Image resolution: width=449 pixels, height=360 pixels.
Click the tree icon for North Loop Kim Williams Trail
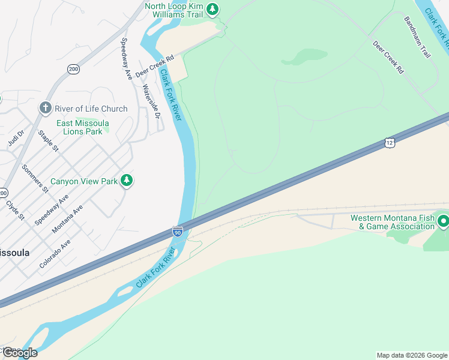(x=212, y=9)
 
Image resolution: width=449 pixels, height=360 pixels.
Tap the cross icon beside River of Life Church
(x=45, y=108)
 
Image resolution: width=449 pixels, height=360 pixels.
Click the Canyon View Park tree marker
(x=126, y=180)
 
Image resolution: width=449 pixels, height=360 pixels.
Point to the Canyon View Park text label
(x=83, y=181)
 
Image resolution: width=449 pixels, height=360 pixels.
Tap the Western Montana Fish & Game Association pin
(x=444, y=221)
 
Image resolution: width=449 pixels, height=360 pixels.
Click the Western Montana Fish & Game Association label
(x=393, y=222)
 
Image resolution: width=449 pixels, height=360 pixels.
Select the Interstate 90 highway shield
(x=178, y=232)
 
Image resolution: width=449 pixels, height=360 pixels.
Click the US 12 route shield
(x=390, y=143)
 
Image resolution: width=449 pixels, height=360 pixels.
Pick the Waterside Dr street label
(x=151, y=100)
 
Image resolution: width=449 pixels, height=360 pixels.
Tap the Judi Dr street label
(x=16, y=139)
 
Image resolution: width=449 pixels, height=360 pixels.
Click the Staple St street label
(x=48, y=140)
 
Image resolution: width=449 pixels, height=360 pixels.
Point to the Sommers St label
(x=35, y=178)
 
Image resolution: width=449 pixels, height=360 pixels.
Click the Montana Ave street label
(x=67, y=220)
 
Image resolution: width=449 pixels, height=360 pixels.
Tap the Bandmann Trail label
(x=417, y=37)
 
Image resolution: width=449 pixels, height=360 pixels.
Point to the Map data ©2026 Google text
(x=411, y=355)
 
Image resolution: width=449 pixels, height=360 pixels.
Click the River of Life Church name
(x=91, y=109)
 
